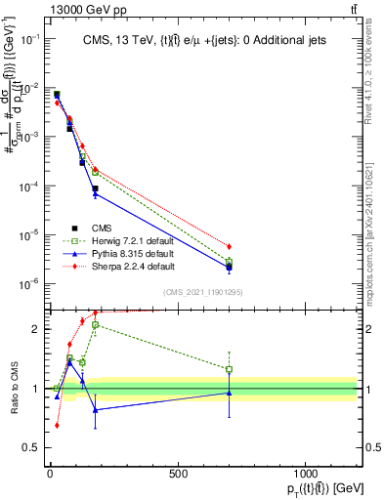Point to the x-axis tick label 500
178,474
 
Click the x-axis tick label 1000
305,474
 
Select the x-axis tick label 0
50,474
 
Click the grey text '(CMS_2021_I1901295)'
203,292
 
